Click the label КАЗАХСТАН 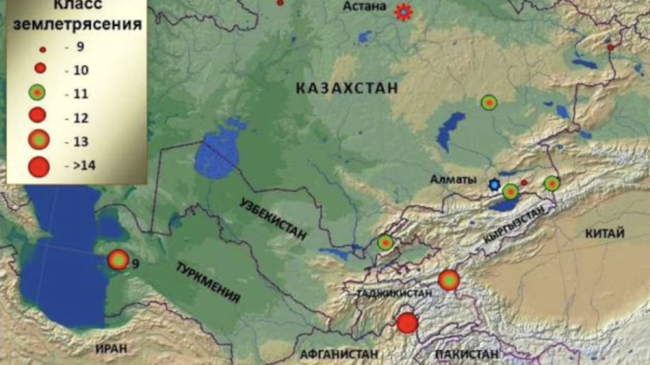(346, 88)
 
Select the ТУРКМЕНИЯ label (208, 282)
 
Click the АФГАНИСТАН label (339, 354)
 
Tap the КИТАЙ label (605, 235)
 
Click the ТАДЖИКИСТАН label (395, 293)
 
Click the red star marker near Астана (403, 12)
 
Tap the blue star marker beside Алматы (494, 186)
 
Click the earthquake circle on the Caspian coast (118, 260)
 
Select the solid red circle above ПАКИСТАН (407, 323)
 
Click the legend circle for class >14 (38, 167)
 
